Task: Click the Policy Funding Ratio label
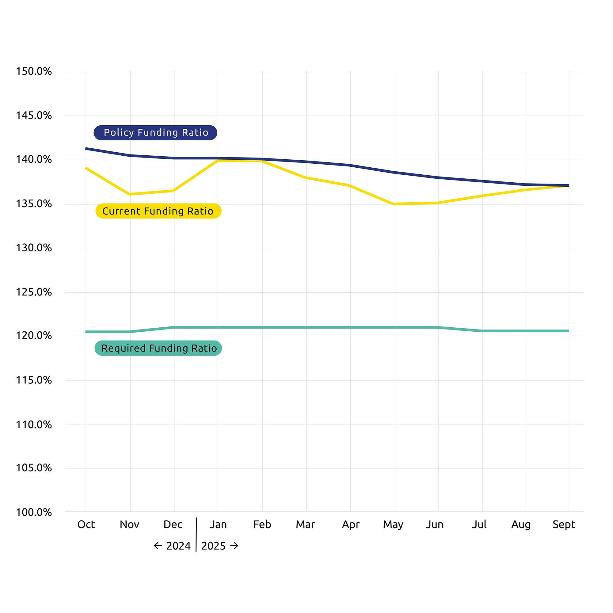click(x=155, y=133)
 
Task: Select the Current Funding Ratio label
click(x=158, y=211)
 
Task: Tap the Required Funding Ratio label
click(x=158, y=348)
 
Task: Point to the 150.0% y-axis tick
click(x=34, y=71)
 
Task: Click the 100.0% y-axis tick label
click(x=34, y=512)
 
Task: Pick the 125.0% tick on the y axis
click(x=34, y=292)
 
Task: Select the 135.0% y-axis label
click(x=34, y=204)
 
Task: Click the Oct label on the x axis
click(x=86, y=524)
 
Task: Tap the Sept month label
click(x=564, y=524)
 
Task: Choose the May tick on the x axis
click(x=393, y=524)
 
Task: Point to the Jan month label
click(x=218, y=524)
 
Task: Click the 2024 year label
click(x=178, y=546)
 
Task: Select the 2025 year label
click(x=214, y=546)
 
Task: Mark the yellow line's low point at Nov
click(x=130, y=194)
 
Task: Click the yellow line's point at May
click(x=394, y=204)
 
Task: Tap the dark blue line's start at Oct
click(x=86, y=148)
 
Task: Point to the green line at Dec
click(x=174, y=327)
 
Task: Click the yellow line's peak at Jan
click(x=218, y=161)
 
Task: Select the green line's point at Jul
click(x=482, y=331)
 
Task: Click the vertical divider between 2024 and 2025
click(x=196, y=535)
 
